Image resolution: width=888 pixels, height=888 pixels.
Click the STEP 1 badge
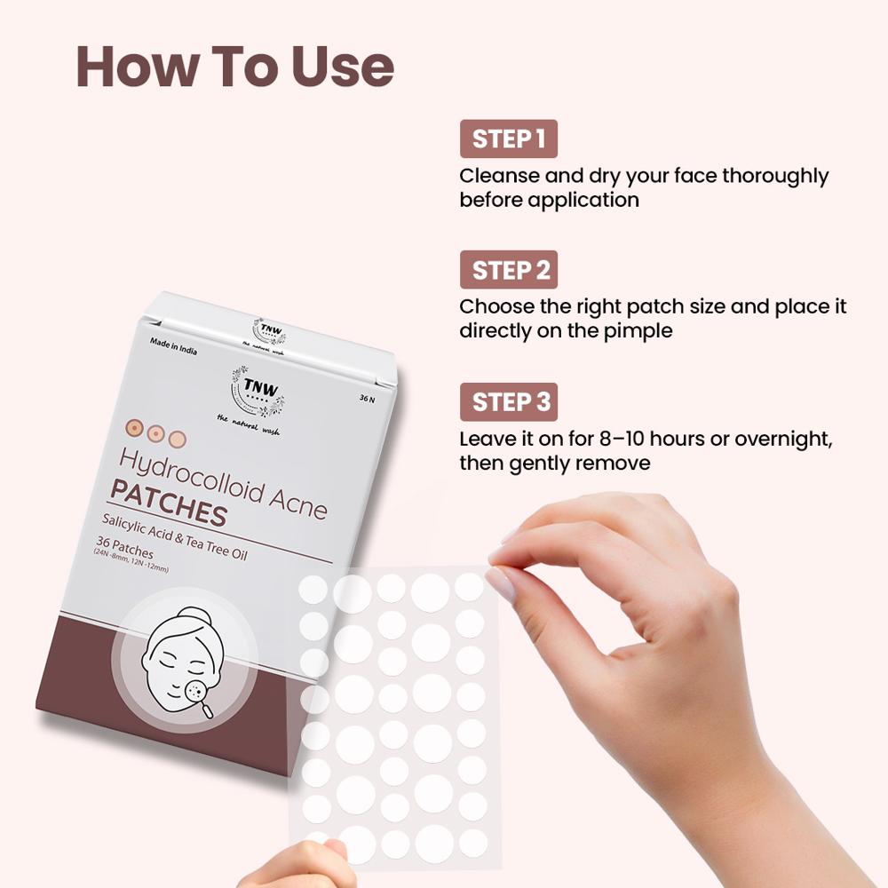(x=508, y=139)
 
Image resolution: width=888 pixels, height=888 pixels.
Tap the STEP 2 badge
(x=508, y=270)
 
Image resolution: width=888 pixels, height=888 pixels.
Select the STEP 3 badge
(x=508, y=401)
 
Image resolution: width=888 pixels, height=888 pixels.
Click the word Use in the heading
(x=340, y=67)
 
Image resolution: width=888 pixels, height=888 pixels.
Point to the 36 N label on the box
(x=365, y=400)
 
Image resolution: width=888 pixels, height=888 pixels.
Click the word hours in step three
(x=654, y=439)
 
